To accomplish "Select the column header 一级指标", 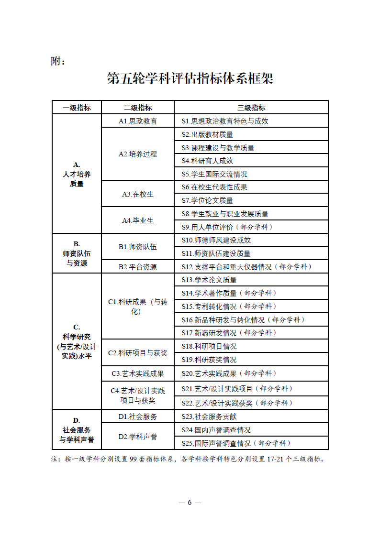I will coord(77,108).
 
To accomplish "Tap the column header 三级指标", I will coord(251,108).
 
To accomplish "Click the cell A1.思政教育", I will coord(138,121).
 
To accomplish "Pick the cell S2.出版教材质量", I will coord(207,134).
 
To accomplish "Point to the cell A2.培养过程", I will coord(138,154).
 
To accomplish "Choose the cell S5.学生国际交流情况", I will coord(214,174).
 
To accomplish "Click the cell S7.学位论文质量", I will coord(207,200).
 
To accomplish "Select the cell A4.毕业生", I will coord(138,220).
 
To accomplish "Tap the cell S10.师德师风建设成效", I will coord(216,240).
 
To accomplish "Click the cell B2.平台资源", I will coord(138,267).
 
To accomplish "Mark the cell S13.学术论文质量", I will coord(209,280).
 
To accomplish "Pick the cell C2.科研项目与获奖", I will coord(138,353).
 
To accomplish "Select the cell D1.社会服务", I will coord(138,416).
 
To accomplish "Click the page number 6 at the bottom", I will coord(190,502).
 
